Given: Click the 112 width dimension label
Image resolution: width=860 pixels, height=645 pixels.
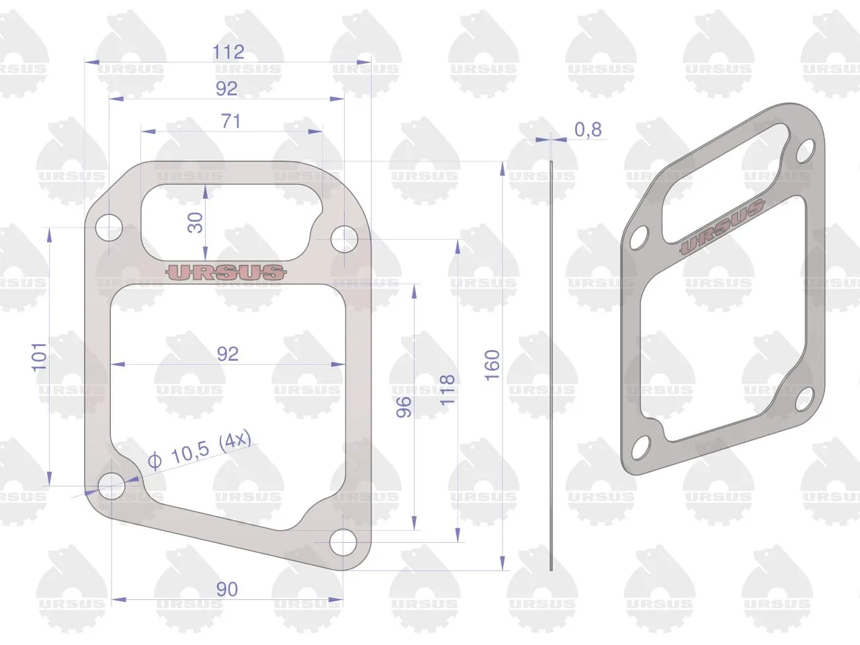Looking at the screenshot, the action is pyautogui.click(x=228, y=52).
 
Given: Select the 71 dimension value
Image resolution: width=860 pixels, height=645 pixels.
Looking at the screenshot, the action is pyautogui.click(x=230, y=121).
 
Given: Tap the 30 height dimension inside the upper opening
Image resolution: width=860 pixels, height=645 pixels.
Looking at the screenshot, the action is pyautogui.click(x=195, y=222).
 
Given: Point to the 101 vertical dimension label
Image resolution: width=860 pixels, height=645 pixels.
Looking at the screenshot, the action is pyautogui.click(x=39, y=357).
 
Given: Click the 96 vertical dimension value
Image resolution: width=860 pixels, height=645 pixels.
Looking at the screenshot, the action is pyautogui.click(x=404, y=407).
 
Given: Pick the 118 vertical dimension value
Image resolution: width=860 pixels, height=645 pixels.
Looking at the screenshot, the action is pyautogui.click(x=447, y=390).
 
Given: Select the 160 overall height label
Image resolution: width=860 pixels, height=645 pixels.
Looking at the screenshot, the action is pyautogui.click(x=492, y=365).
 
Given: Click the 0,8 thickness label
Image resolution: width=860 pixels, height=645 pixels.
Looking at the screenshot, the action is pyautogui.click(x=588, y=129).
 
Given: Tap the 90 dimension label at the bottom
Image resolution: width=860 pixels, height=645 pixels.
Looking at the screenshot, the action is pyautogui.click(x=227, y=589).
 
